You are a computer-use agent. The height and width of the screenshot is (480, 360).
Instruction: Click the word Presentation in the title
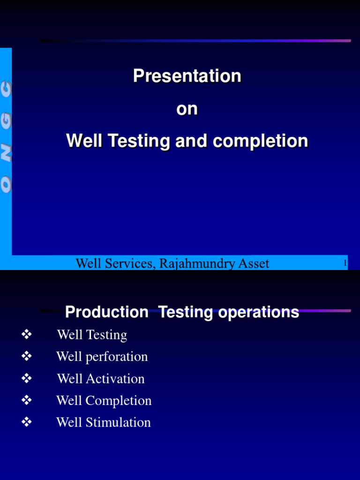pos(187,76)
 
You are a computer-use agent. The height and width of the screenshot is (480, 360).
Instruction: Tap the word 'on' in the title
pos(187,109)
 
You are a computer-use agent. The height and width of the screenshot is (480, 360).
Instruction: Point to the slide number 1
pos(345,263)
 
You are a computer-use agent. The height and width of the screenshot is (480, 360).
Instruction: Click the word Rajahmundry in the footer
pos(197,263)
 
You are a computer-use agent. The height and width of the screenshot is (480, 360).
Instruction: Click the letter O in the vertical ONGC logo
pos(6,185)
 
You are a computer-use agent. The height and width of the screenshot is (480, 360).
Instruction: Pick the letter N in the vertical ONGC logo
pos(6,152)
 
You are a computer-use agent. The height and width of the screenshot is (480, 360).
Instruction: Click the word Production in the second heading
pos(106,312)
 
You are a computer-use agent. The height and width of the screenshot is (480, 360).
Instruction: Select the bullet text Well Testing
pos(92,335)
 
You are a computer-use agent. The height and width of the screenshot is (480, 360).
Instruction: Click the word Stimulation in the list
pos(118,422)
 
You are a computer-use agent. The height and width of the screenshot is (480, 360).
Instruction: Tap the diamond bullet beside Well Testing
pos(26,334)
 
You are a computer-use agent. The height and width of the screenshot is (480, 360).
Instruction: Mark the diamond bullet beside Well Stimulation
pos(26,422)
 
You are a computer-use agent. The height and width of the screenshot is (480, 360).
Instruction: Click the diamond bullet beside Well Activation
pos(26,378)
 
